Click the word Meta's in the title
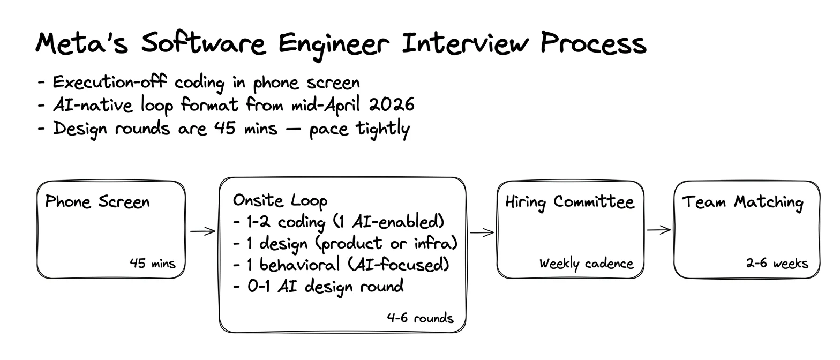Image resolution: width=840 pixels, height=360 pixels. click(82, 43)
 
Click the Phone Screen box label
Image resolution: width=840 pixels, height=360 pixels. click(97, 202)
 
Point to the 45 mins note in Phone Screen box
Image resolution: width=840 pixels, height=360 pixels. click(153, 263)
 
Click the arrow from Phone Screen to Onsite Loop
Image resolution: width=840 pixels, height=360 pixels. click(203, 231)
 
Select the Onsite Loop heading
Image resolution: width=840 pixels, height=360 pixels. click(280, 200)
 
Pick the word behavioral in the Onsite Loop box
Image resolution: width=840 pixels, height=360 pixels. click(299, 265)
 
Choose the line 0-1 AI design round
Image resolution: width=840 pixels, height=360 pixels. click(318, 287)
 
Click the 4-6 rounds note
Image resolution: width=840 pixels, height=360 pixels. click(421, 318)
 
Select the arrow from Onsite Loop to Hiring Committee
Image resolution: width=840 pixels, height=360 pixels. click(482, 232)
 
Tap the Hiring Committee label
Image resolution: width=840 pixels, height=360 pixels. click(570, 202)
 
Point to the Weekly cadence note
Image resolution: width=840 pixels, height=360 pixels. click(587, 264)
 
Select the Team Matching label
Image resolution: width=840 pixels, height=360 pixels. click(743, 202)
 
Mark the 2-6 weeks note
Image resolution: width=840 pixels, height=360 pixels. click(777, 263)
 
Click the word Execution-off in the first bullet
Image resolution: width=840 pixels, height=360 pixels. click(109, 82)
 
